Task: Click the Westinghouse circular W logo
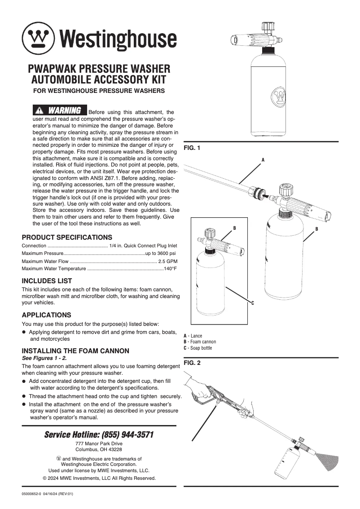coord(39,38)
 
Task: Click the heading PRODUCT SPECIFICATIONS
coord(67,237)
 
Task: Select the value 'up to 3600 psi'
coord(161,254)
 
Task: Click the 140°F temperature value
coord(170,269)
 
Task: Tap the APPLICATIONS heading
coord(47,315)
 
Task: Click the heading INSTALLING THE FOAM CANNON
coord(75,351)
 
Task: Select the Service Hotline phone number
coord(128,434)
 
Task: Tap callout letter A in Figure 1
coord(263,160)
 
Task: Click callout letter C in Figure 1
coord(252,303)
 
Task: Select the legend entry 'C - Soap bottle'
coord(198,348)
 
